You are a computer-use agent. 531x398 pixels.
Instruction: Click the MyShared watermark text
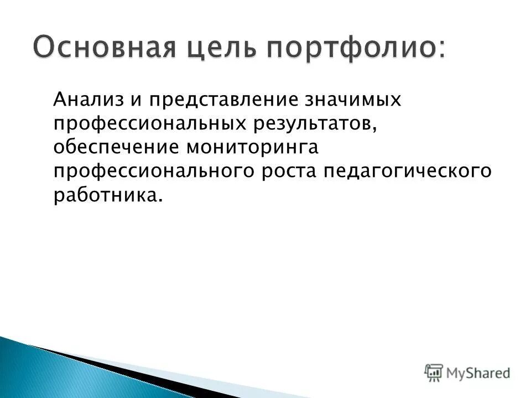pos(479,373)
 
